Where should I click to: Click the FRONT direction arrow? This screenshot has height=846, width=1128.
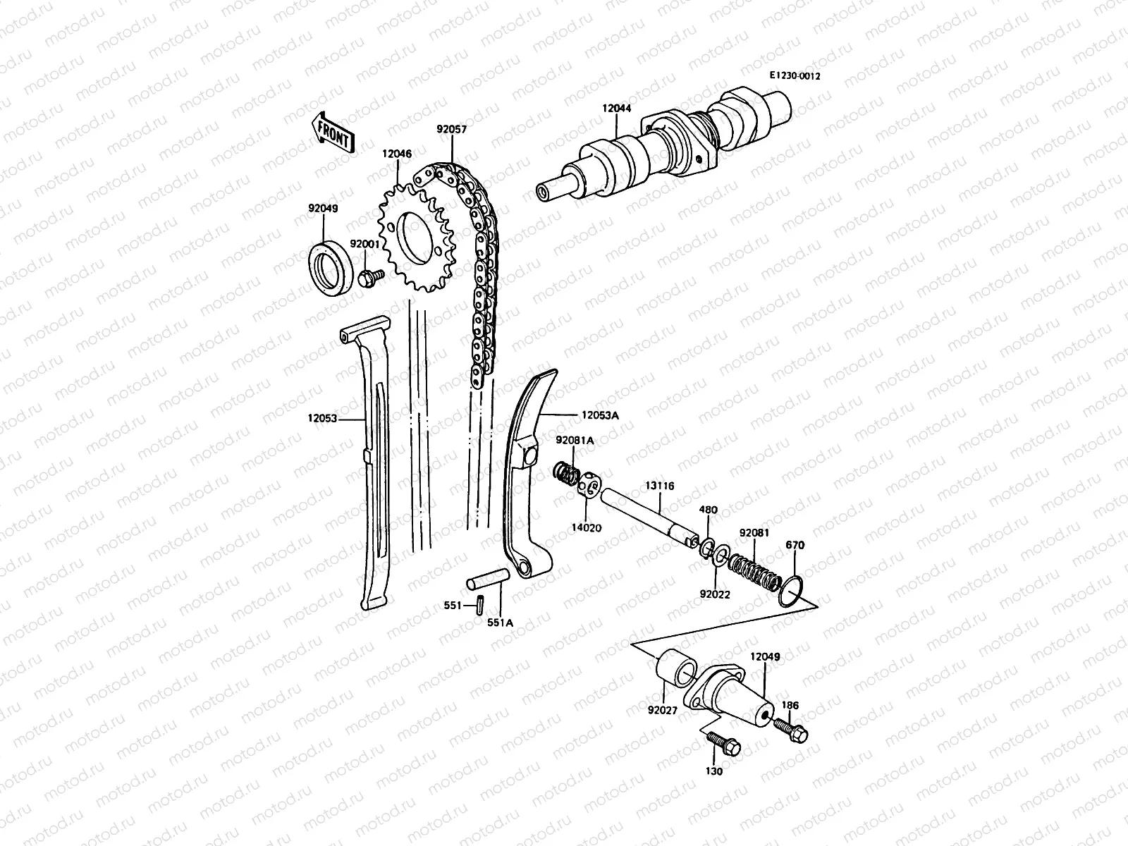[x=335, y=130]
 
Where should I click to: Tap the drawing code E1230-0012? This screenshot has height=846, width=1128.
[x=795, y=76]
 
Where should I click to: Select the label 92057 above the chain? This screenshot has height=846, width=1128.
[x=452, y=130]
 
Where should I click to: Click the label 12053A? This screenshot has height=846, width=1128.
[x=600, y=415]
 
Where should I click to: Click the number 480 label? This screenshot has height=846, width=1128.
[x=708, y=510]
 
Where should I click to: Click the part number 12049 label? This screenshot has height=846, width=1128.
[x=765, y=656]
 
